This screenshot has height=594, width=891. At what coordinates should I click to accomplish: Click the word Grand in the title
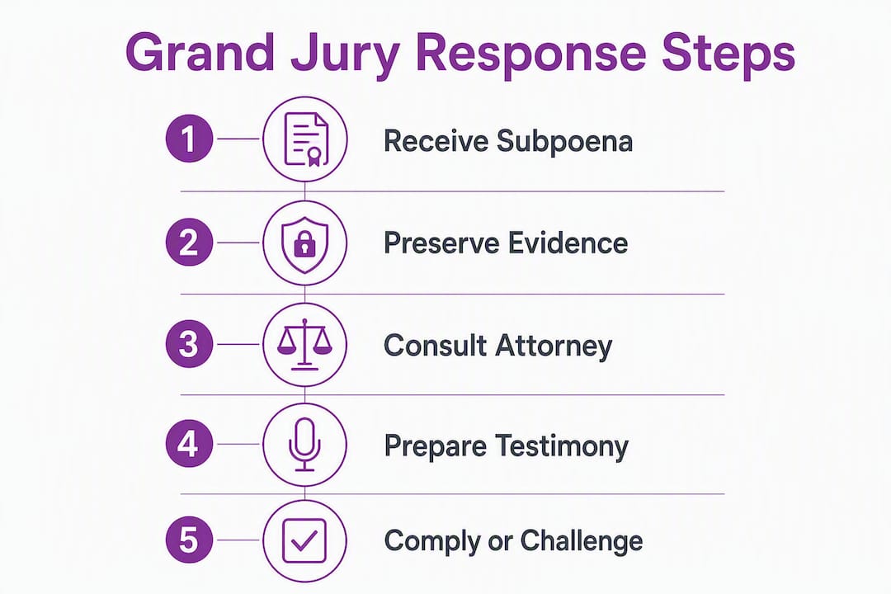[x=200, y=52]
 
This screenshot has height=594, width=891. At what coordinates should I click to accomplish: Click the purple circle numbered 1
[x=189, y=139]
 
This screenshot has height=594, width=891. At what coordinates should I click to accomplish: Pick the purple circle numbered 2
[x=189, y=243]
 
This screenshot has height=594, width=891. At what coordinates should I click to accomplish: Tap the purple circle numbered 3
[x=189, y=344]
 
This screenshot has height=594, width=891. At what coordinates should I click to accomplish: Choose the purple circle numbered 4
[x=189, y=444]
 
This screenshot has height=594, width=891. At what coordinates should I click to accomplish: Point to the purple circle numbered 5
[x=189, y=540]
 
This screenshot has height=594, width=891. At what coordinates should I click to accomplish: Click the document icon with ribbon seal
[x=305, y=139]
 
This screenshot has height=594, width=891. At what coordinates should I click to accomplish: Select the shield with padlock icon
[x=305, y=244]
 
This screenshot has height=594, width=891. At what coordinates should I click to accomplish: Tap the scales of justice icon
[x=304, y=345]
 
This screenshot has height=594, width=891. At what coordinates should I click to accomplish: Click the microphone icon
[x=305, y=445]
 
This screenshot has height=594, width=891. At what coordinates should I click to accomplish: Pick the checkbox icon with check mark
[x=304, y=540]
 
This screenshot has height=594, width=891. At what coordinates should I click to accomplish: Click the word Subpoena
[x=565, y=142]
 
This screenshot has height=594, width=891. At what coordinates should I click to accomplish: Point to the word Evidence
[x=568, y=243]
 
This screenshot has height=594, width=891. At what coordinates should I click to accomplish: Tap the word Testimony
[x=562, y=446]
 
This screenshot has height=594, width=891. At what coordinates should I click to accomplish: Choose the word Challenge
[x=582, y=541]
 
